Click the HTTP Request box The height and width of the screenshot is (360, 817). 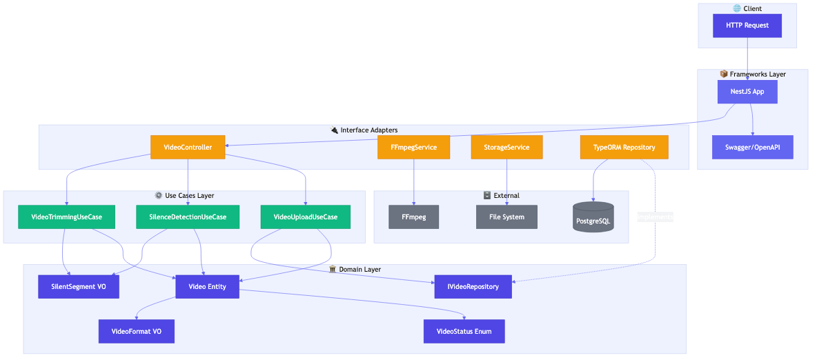pos(747,26)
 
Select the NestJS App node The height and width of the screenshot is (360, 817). pos(747,92)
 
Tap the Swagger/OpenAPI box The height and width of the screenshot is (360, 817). pos(752,147)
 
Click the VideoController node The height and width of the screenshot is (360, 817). pos(188,147)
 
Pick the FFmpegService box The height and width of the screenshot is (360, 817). pos(413,147)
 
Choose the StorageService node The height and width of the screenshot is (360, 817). pos(506,147)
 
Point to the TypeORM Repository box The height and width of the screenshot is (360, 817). pos(624,147)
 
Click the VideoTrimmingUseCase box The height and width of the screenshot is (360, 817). pos(66,217)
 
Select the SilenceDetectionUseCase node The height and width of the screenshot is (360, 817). pos(188,217)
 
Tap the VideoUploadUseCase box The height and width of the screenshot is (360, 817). pos(305,217)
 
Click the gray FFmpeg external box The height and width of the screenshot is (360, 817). pos(413,217)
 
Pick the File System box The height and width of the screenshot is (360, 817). pos(506,217)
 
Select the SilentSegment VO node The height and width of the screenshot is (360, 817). pos(78,286)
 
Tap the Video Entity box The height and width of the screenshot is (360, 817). pos(207,286)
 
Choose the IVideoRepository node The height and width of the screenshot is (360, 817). pos(473,286)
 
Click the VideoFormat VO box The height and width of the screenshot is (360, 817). pos(136,331)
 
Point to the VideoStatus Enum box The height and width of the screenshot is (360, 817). pos(464,331)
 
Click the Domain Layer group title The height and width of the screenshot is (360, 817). pos(360,269)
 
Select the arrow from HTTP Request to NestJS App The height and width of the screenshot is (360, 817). pos(747,59)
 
